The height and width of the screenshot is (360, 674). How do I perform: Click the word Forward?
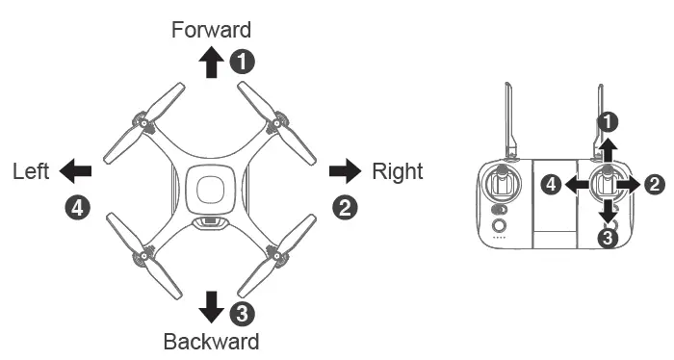click(211, 30)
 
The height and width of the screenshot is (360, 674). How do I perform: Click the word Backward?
click(211, 341)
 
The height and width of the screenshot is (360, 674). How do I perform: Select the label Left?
click(31, 171)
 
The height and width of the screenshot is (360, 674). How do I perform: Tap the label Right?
click(397, 171)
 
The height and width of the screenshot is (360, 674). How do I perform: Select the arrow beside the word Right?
click(344, 171)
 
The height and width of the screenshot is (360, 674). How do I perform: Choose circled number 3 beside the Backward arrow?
click(244, 311)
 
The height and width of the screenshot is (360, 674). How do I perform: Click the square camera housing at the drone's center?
click(211, 187)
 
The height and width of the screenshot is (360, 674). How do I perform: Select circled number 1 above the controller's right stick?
click(608, 122)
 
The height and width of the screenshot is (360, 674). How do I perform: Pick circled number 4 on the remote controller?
click(552, 183)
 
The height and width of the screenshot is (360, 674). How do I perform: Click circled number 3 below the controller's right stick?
click(608, 237)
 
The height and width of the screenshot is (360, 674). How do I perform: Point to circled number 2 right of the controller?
click(655, 183)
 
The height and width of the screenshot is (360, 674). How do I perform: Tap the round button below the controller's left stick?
click(499, 227)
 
